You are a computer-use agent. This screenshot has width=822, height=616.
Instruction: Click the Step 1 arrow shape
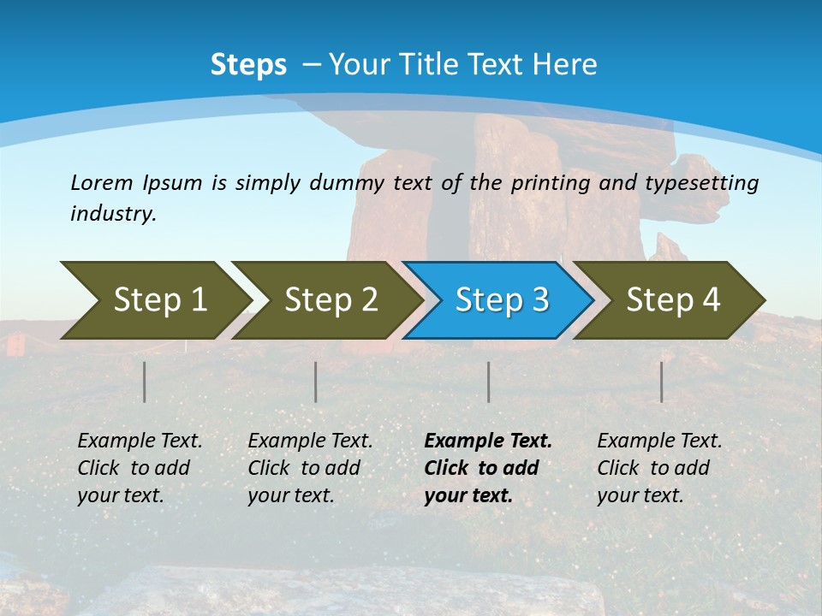[x=154, y=300]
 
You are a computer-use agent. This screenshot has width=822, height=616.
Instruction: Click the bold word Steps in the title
[x=248, y=65]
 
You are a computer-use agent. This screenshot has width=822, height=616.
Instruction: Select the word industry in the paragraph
[x=112, y=214]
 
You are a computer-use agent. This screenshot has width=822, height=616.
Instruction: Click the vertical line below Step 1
[x=145, y=382]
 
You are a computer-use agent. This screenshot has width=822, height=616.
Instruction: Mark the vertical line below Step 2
[x=316, y=382]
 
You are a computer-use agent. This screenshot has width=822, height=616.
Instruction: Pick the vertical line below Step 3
[x=489, y=382]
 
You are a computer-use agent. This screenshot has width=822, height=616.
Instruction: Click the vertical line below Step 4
[x=662, y=382]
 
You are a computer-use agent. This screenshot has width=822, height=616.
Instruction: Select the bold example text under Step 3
[x=486, y=468]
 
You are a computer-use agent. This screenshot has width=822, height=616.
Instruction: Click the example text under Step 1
[x=139, y=468]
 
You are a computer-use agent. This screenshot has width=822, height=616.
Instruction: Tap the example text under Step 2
[x=309, y=468]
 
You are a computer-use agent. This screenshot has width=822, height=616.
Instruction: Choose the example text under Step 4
[x=658, y=468]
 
